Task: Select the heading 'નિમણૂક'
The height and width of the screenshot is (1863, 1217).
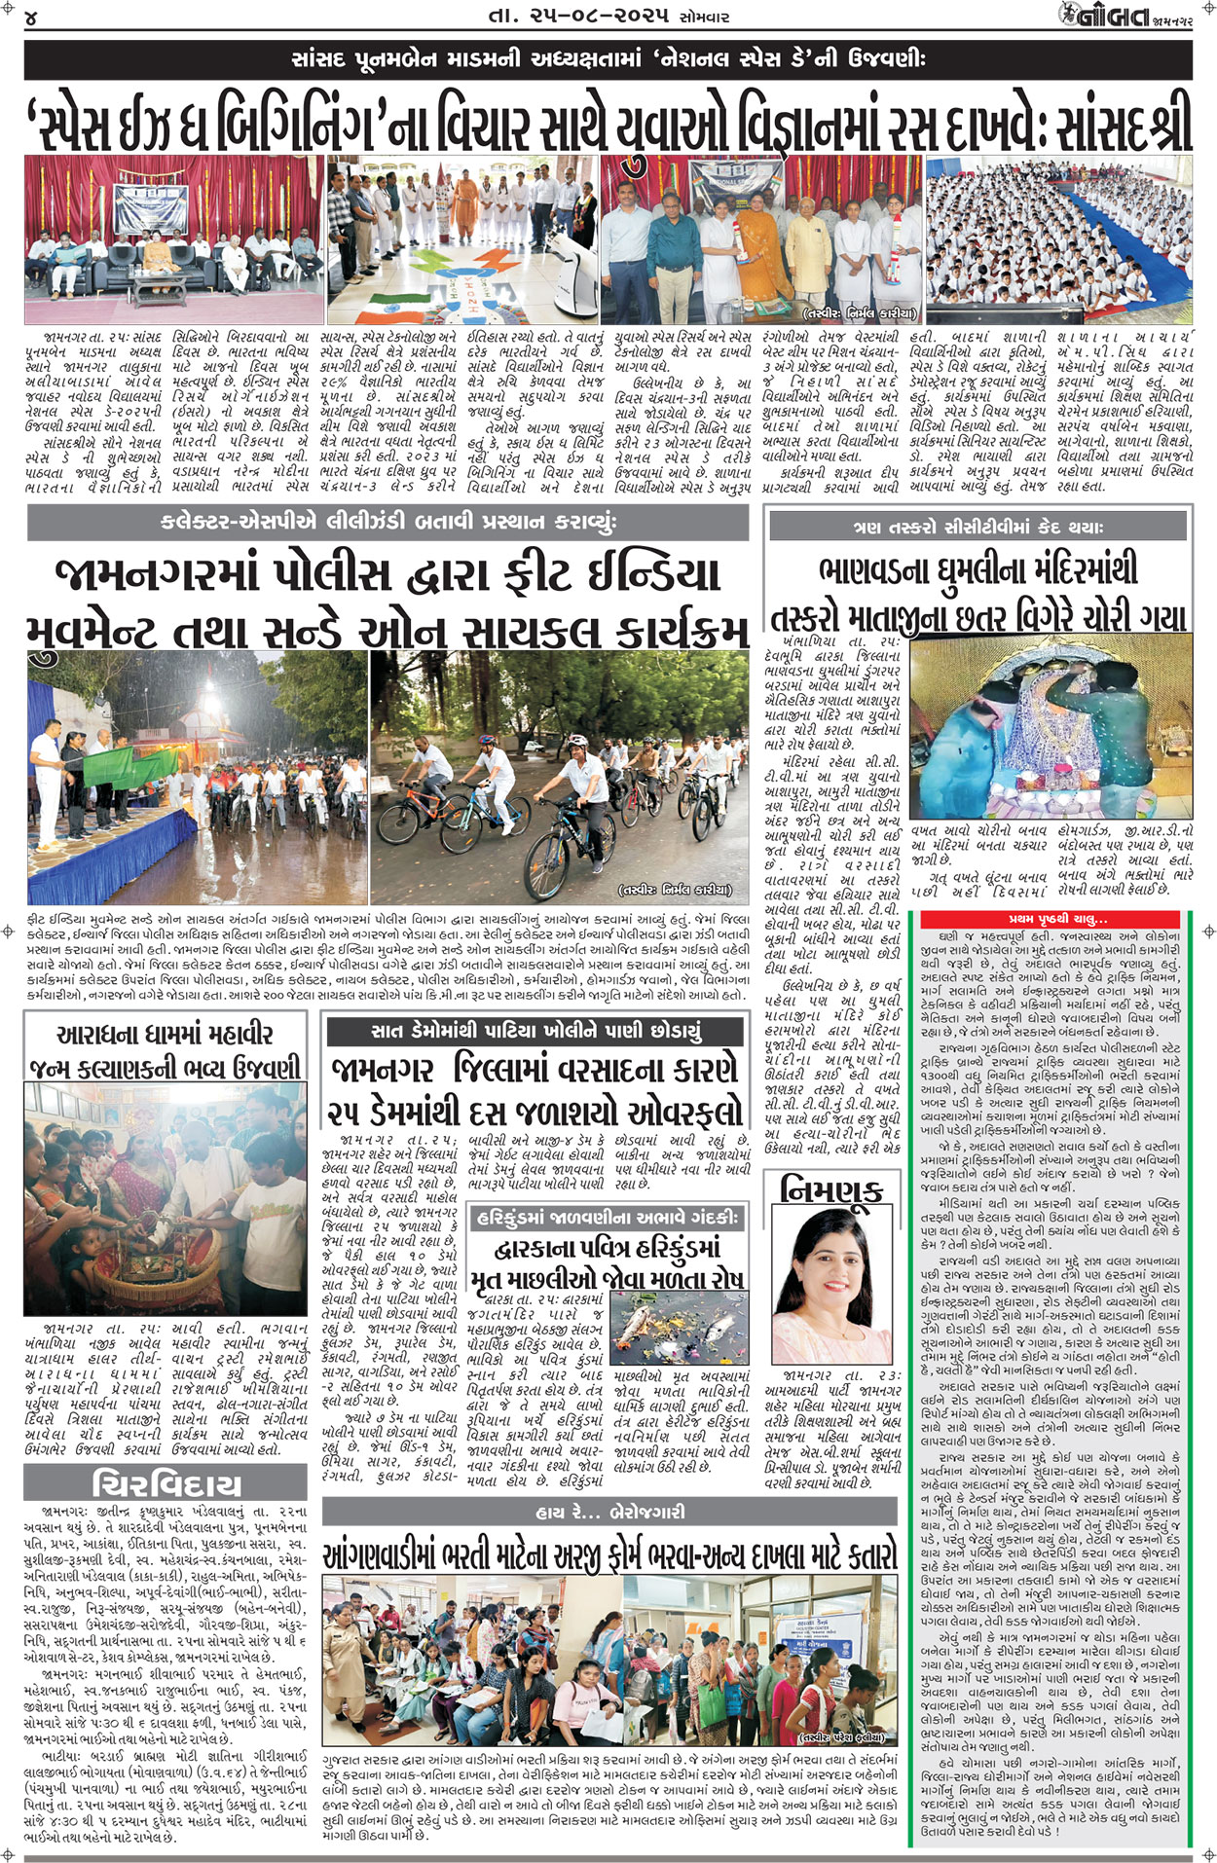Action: point(831,1189)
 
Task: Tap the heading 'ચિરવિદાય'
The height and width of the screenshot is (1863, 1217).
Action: point(166,1483)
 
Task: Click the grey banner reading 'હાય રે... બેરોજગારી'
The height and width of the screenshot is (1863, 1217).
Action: point(609,1511)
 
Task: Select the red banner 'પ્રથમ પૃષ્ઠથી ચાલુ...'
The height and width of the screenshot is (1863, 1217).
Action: point(1056,919)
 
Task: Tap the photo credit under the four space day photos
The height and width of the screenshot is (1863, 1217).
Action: point(860,313)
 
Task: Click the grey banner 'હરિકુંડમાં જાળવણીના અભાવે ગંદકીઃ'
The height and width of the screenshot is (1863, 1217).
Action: point(609,1217)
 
